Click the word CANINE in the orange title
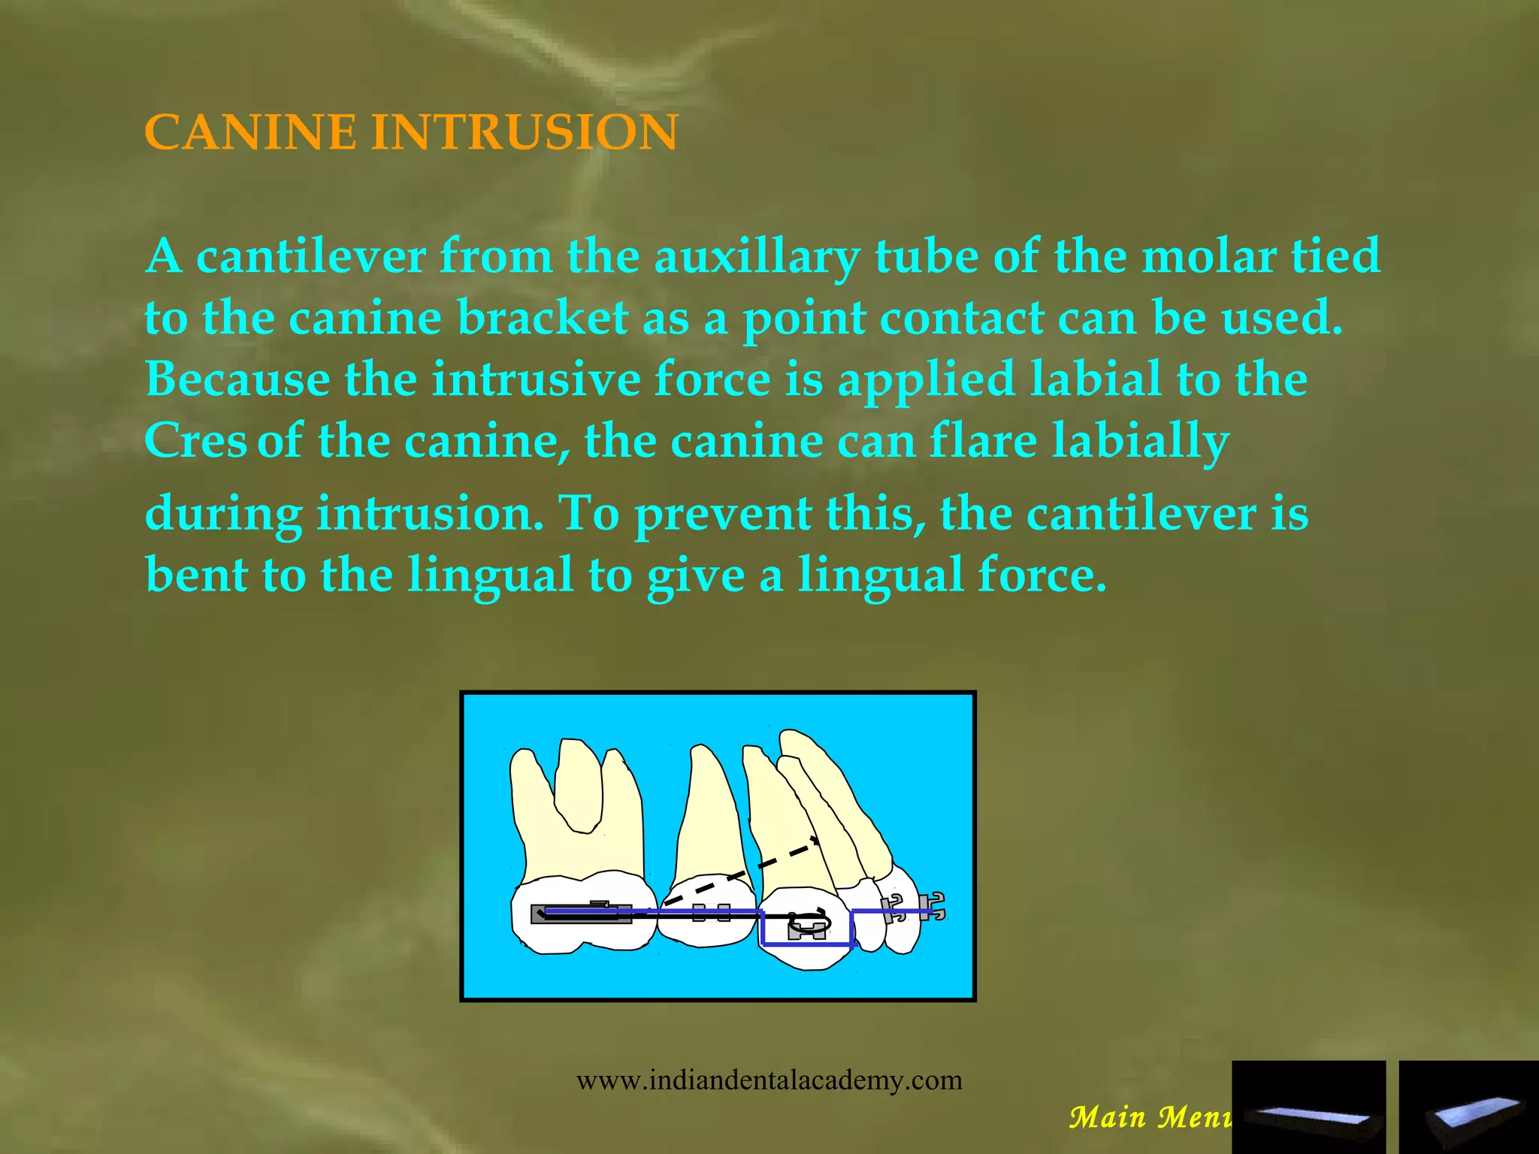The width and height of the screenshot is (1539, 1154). click(250, 132)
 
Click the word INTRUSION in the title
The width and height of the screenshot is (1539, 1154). click(525, 132)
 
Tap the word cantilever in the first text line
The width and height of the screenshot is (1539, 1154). click(310, 256)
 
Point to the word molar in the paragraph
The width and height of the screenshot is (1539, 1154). click(1208, 256)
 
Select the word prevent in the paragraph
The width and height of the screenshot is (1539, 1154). click(722, 515)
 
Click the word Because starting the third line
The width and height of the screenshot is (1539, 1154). click(237, 379)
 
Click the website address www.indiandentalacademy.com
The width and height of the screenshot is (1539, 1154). click(769, 1080)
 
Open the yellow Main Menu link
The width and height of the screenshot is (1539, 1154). click(1150, 1117)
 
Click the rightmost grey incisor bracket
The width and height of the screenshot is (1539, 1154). click(932, 907)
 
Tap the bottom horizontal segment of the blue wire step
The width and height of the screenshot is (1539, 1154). click(806, 944)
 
